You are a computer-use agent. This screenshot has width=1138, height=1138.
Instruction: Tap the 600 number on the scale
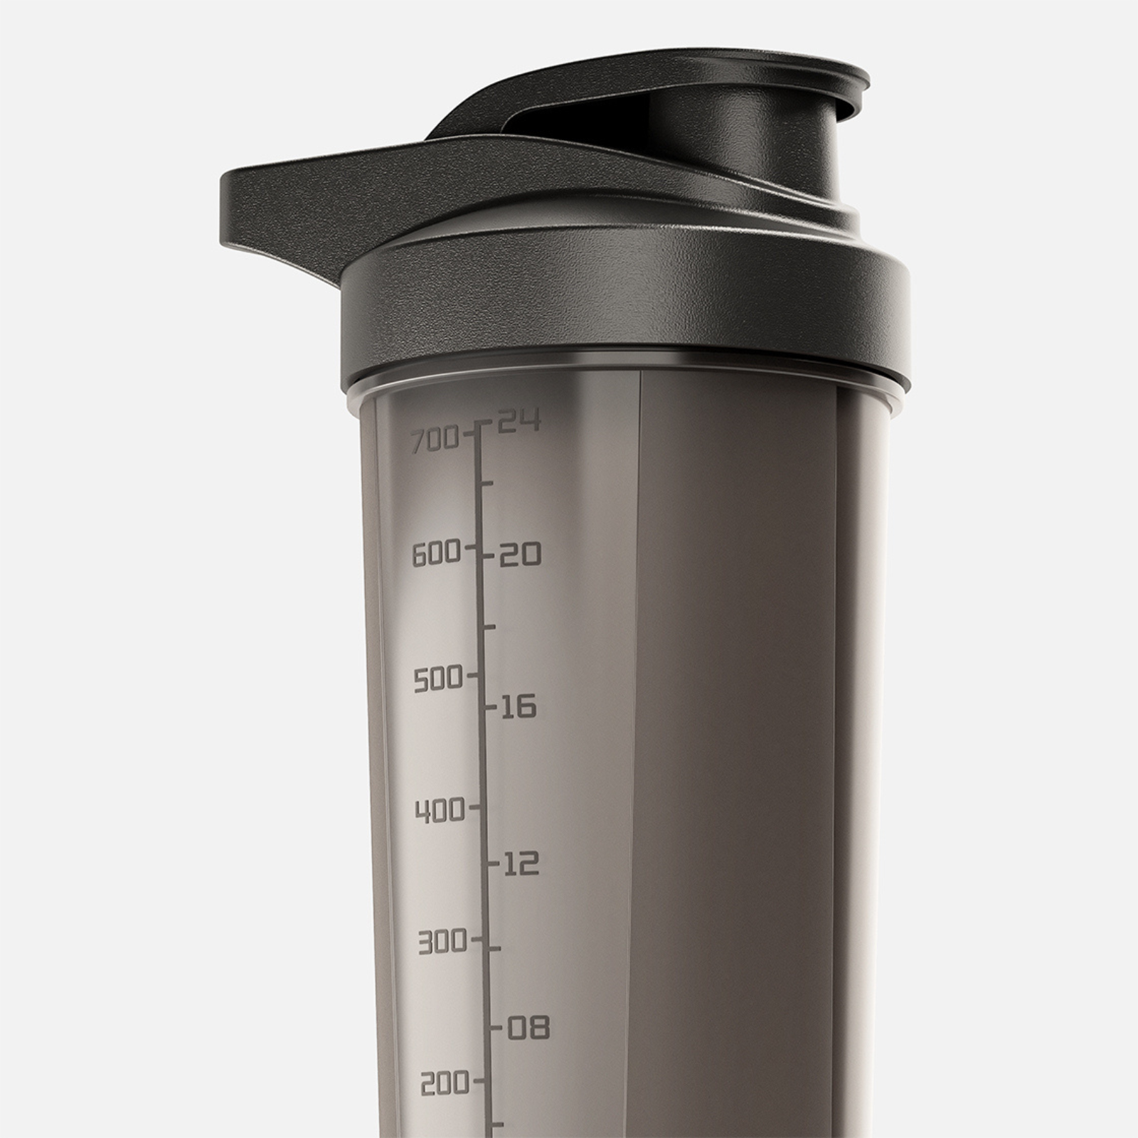[x=437, y=554]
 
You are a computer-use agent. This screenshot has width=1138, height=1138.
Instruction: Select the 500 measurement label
[x=438, y=680]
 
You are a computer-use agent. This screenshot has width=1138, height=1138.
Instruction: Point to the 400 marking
[x=440, y=811]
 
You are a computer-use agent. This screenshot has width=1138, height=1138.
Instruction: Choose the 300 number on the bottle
[x=442, y=944]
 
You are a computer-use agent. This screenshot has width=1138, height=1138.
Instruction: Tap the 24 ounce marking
[x=519, y=422]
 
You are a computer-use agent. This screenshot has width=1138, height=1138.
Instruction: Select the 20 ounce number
[x=520, y=555]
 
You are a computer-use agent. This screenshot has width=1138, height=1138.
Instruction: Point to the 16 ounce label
[x=519, y=708]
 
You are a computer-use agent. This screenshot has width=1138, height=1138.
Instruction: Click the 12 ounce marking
[x=522, y=864]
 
